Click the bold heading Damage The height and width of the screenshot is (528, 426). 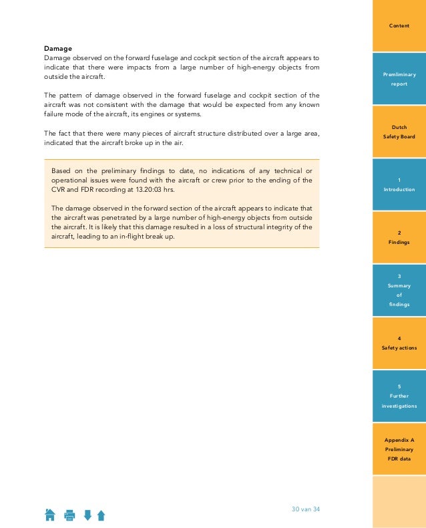coord(58,48)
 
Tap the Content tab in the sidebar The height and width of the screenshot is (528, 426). coord(399,25)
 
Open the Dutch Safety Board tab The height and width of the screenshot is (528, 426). coord(399,132)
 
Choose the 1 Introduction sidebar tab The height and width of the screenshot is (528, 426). coord(399,185)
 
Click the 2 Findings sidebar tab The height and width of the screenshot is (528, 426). coord(399,237)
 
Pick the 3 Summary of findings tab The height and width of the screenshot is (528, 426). coord(399,290)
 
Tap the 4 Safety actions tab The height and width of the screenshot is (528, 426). coord(399,343)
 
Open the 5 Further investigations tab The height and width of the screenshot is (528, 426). coord(399,396)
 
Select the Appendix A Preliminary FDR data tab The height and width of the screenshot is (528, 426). coord(399,449)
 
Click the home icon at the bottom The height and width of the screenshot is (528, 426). coord(50,515)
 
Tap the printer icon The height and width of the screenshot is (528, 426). coord(69,515)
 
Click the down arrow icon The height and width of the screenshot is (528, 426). coord(87,515)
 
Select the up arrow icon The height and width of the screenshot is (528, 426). coord(101,515)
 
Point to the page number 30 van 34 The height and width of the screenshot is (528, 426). coord(306,509)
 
